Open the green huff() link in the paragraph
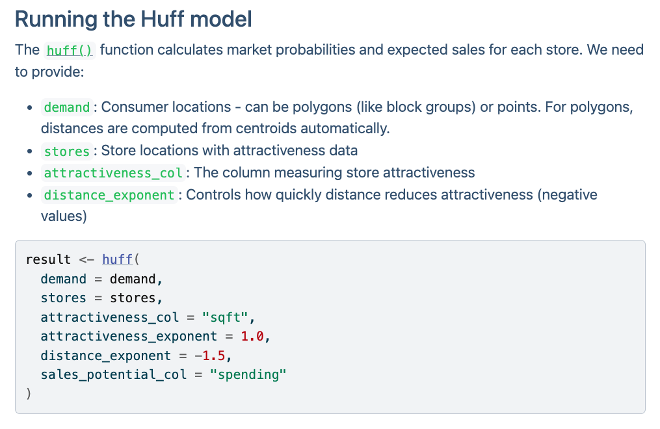click(70, 51)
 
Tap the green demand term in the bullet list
click(67, 107)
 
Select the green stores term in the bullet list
click(67, 151)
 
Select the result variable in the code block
click(48, 259)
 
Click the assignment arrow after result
click(86, 259)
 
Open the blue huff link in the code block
click(118, 259)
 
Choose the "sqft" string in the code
click(225, 317)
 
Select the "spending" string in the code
click(248, 375)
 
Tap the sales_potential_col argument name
click(113, 375)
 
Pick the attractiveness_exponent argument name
click(129, 337)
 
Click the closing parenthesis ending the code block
click(29, 394)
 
